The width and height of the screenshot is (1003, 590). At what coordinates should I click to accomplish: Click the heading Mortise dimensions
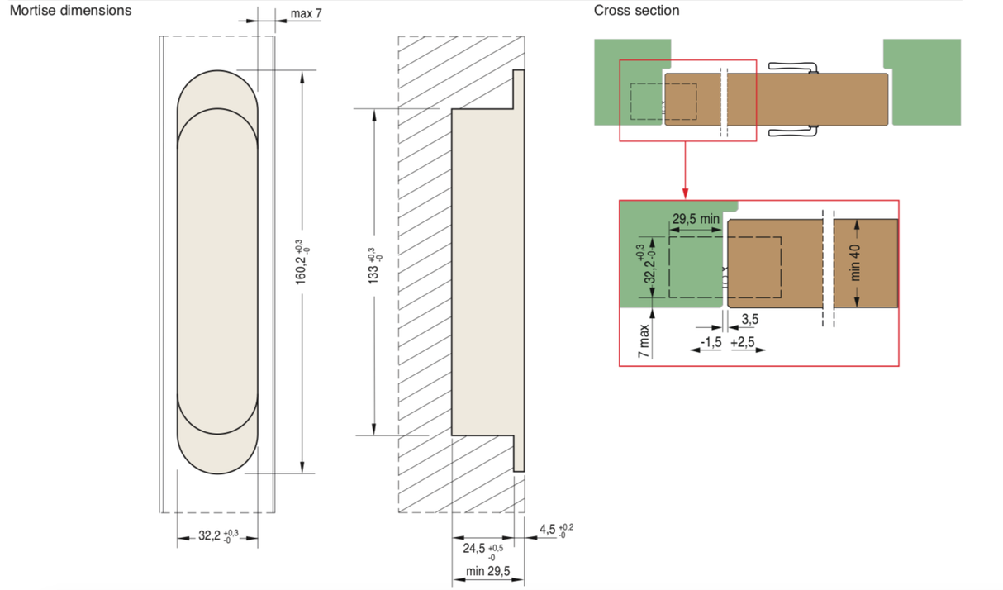[x=70, y=11]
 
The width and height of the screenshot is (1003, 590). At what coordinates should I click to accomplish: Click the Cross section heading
[x=636, y=11]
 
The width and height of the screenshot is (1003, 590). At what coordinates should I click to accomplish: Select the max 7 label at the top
[x=306, y=14]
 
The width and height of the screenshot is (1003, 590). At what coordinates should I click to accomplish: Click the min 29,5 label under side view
[x=487, y=572]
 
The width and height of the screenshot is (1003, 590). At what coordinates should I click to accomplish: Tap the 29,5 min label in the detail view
[x=696, y=220]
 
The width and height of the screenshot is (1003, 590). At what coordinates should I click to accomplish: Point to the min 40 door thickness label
[x=856, y=262]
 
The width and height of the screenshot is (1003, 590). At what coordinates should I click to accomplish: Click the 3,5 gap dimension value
[x=749, y=320]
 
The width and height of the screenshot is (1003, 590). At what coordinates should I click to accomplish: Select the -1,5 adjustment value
[x=711, y=342]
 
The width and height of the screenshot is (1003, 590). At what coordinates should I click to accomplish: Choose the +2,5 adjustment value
[x=743, y=342]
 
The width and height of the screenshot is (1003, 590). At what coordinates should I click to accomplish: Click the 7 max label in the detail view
[x=644, y=340]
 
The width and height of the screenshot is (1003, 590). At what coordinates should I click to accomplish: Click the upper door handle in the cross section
[x=791, y=67]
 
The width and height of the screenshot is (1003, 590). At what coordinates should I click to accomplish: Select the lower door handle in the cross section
[x=791, y=131]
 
